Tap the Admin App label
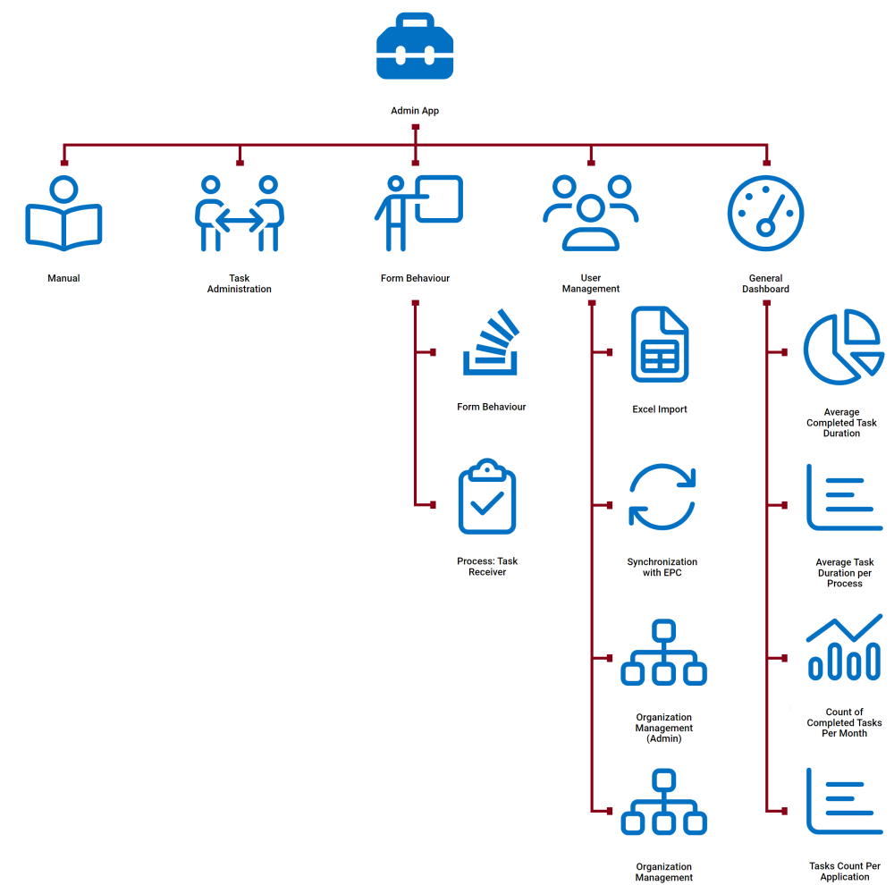point(415,111)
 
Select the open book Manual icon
point(63,215)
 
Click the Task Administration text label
point(239,283)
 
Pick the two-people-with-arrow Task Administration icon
point(239,214)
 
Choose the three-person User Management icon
point(591,213)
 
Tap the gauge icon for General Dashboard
point(765,213)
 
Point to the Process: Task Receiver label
point(487,567)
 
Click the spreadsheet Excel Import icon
point(660,344)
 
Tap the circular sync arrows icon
point(662,497)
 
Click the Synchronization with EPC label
point(662,567)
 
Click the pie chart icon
point(843,346)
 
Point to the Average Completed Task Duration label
point(841,423)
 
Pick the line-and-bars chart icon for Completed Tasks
point(844,647)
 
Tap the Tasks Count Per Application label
point(844,872)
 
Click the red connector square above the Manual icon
point(63,162)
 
